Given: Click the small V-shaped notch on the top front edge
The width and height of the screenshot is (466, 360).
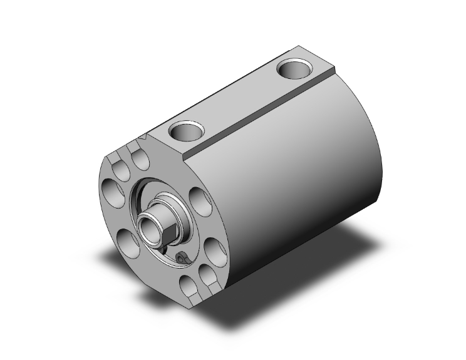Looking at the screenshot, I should [145, 134].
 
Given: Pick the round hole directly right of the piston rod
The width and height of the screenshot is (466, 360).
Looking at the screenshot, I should [199, 202].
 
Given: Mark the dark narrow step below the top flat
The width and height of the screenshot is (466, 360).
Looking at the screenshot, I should [263, 117].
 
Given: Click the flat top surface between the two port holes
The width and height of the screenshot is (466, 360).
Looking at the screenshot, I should [241, 100].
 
